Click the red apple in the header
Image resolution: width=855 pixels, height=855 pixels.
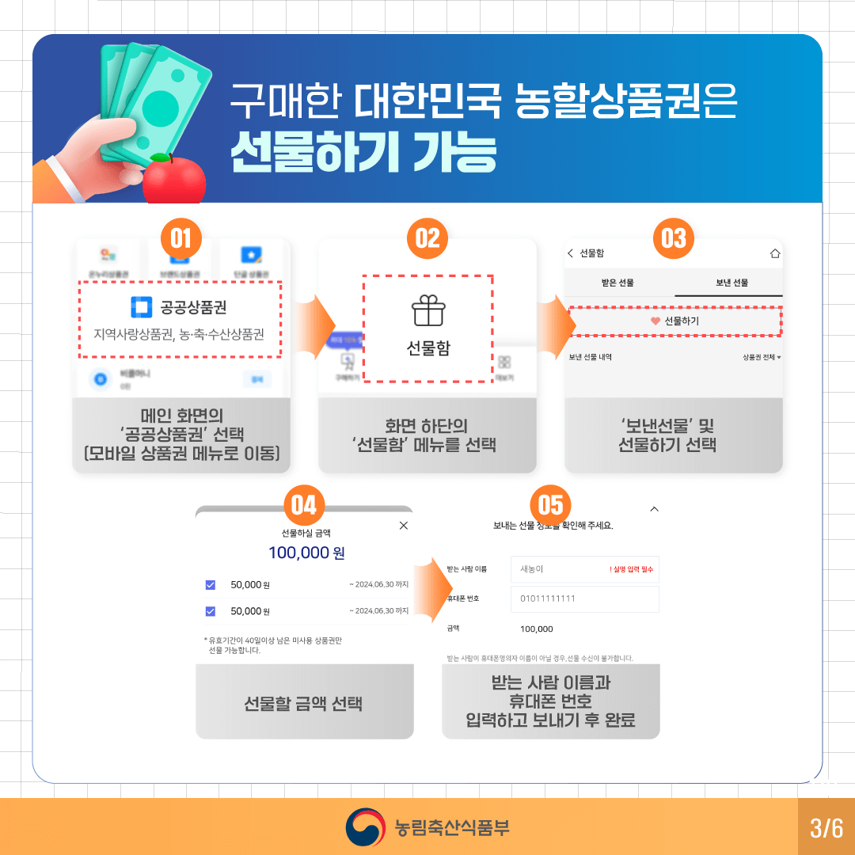pos(174,180)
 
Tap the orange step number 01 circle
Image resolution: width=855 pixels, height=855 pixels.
pos(181,238)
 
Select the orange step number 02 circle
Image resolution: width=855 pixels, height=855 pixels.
pos(427,238)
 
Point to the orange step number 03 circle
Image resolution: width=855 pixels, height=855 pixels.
pos(674,238)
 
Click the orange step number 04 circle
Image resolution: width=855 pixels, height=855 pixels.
pos(304,505)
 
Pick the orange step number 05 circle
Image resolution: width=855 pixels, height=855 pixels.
pos(550,505)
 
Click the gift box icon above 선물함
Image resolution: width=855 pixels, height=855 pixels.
pos(428,311)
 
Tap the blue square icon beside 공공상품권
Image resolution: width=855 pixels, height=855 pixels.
pos(140,306)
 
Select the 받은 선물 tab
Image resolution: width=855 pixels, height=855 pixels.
pos(618,283)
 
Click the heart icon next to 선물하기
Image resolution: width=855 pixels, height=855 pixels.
pos(655,321)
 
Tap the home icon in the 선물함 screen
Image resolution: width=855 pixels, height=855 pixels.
pos(774,254)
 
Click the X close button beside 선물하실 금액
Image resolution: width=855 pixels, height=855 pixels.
pos(404,525)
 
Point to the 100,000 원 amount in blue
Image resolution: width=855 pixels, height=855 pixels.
pos(306,553)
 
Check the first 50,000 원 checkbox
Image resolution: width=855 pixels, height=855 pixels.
pos(211,585)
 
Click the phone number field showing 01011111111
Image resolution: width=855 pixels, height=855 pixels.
pos(584,598)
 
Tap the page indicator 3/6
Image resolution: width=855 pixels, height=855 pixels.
pos(826,828)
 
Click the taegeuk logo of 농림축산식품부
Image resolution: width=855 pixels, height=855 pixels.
pos(364,827)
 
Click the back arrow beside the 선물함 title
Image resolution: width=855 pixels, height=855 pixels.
pos(571,253)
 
